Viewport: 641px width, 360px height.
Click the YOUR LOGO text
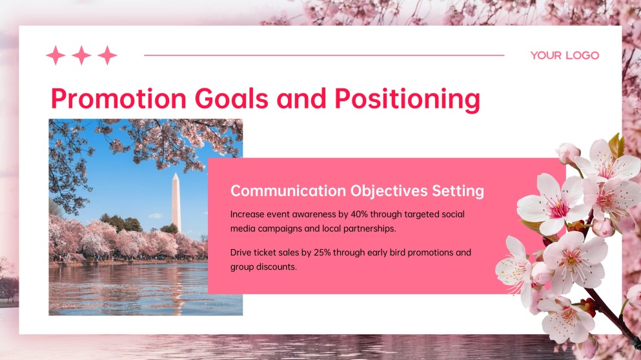point(564,55)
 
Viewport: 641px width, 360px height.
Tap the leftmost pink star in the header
point(56,55)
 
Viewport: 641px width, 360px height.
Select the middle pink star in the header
point(81,55)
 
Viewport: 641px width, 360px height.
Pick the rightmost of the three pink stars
point(107,55)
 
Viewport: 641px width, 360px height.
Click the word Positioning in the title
point(407,99)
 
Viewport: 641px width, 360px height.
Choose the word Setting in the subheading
point(458,191)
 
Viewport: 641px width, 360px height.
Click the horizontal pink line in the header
point(323,55)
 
